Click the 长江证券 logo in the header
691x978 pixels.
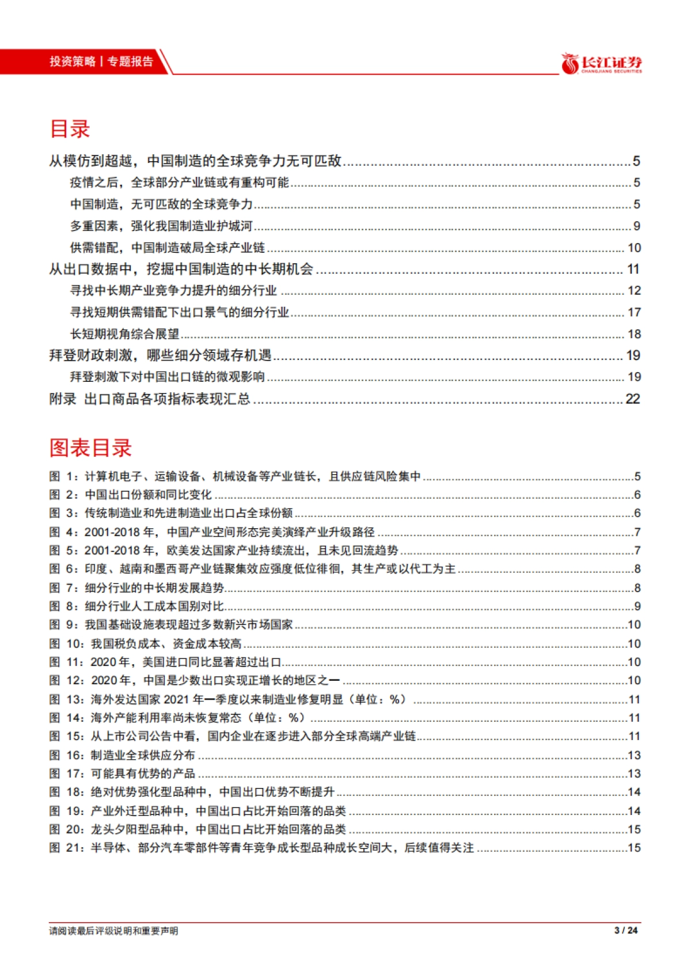602,63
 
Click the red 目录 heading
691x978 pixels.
70,128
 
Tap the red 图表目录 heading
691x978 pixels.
91,448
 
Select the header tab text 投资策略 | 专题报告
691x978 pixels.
101,62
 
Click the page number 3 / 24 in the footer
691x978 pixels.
627,930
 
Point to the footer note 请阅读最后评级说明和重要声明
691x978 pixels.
114,931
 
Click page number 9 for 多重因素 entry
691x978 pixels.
636,226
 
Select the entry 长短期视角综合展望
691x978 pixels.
125,334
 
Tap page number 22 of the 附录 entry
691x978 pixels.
633,399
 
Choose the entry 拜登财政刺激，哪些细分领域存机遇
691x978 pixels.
160,355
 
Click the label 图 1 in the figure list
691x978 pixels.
63,476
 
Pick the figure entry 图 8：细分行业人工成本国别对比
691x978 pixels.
136,606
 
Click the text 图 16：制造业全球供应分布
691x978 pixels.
122,755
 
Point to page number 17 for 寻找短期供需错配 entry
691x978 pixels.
634,312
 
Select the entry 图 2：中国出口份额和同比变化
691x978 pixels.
131,494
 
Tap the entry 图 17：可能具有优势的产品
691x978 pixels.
122,773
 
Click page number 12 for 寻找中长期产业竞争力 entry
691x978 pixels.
634,291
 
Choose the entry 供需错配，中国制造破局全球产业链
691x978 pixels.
168,248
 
